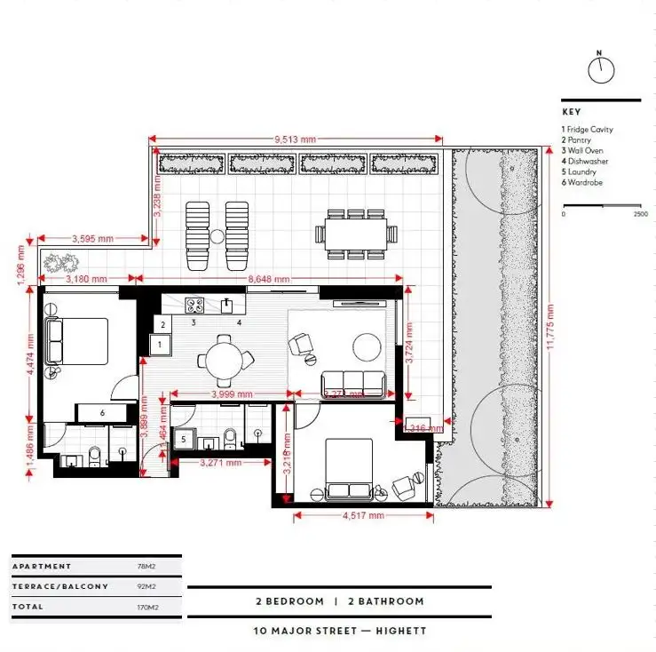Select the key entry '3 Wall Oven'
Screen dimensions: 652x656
pos(582,151)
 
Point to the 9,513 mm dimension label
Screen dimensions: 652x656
pos(296,139)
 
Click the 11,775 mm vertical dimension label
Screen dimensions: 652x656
pos(550,329)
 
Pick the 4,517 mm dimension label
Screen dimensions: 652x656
pos(362,515)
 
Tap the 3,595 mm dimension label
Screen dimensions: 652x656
pos(91,238)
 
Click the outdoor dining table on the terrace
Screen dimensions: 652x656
pos(355,235)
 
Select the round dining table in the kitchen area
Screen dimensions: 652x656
pos(224,360)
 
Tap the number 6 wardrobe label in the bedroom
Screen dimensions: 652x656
pos(103,413)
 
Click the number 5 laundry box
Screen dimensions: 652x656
pos(183,439)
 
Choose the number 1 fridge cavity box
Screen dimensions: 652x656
pos(161,344)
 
